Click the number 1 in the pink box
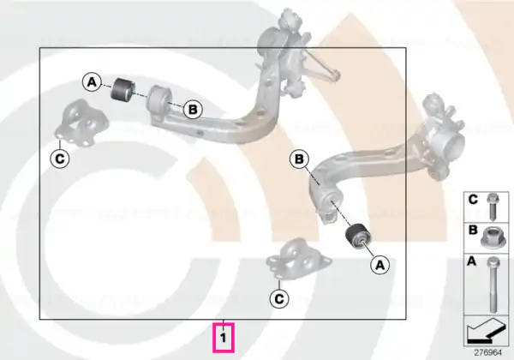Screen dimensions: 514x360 (x=224, y=338)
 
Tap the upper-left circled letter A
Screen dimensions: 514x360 (x=93, y=82)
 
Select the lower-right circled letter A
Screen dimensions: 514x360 (x=380, y=265)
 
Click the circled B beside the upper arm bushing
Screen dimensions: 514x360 (x=193, y=109)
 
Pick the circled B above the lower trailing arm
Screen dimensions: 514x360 (x=299, y=159)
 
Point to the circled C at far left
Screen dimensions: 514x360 (x=60, y=159)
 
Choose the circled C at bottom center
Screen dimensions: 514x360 (x=279, y=299)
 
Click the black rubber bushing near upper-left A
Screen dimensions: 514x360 (x=123, y=89)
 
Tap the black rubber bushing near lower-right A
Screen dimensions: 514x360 (x=358, y=237)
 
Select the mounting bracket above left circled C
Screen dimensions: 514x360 (x=81, y=124)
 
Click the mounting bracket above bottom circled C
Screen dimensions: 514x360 (x=297, y=258)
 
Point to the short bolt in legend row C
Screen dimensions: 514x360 (x=492, y=207)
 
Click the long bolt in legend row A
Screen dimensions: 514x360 (x=493, y=284)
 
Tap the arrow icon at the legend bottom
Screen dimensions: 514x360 (x=486, y=331)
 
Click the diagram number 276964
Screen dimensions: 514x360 (x=488, y=353)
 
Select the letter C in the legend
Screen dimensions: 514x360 (x=473, y=200)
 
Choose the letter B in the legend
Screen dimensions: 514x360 (x=473, y=230)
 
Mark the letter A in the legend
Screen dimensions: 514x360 (x=471, y=261)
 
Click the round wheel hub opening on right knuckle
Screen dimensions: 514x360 (x=455, y=144)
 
